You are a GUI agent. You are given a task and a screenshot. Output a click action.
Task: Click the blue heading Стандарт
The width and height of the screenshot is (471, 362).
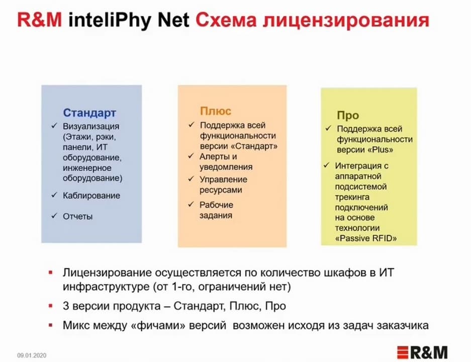89,113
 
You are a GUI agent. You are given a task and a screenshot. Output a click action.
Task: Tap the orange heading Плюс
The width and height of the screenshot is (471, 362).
215,111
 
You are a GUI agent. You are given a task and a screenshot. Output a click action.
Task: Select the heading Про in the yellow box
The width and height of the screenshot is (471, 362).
348,115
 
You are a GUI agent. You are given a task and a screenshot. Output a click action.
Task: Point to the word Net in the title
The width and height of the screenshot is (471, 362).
173,20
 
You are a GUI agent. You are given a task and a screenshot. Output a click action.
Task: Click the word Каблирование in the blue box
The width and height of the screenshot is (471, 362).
91,196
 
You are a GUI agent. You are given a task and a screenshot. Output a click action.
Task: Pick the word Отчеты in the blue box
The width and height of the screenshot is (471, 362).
77,216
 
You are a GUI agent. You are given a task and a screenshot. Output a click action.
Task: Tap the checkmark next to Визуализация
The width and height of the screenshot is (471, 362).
54,125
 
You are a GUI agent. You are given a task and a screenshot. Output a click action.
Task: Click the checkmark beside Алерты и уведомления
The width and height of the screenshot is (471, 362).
191,156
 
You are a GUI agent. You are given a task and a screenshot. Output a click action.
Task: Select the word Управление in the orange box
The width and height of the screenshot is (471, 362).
224,179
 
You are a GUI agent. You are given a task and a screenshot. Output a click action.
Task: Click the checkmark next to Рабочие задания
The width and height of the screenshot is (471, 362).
191,204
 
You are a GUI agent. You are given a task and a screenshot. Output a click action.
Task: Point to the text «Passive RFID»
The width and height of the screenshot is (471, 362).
366,238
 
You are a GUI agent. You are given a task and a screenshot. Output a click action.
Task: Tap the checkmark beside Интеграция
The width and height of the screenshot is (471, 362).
327,165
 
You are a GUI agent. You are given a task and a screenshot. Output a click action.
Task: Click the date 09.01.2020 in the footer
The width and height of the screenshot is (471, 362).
32,355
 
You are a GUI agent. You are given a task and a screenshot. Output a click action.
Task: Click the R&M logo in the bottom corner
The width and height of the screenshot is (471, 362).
422,352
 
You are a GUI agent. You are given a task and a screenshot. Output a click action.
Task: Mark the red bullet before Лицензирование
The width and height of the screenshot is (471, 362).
50,273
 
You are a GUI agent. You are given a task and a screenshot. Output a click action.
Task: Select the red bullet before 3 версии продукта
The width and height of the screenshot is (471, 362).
50,306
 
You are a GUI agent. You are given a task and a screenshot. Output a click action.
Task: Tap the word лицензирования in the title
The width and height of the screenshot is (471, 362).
346,21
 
